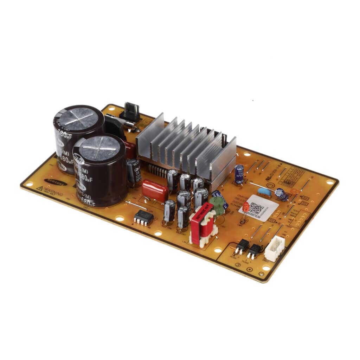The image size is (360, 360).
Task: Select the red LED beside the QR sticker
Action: point(246,208)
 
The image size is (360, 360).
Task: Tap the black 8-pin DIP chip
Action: point(144,217)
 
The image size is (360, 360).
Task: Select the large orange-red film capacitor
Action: point(155,191)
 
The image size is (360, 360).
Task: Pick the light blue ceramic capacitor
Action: point(264,192)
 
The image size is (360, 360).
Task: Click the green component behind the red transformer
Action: point(218,205)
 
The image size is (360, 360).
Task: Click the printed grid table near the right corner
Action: point(291,176)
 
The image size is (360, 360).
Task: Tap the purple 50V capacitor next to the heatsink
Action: point(239,174)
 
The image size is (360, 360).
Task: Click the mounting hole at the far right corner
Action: point(330,182)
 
